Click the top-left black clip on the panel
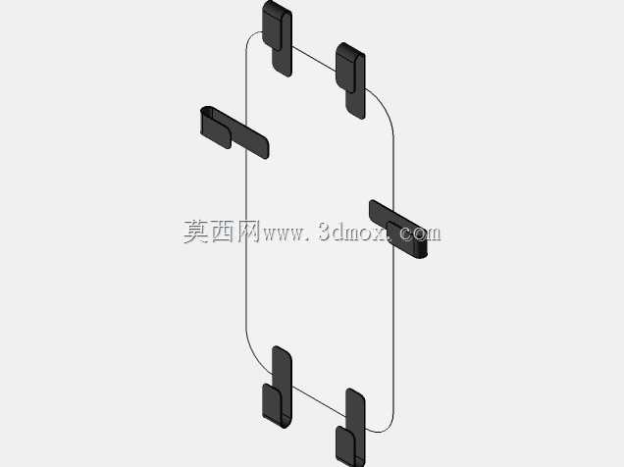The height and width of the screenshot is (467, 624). click(278, 38)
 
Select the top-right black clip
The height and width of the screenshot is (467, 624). click(350, 79)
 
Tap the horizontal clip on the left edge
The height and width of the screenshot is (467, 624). click(234, 132)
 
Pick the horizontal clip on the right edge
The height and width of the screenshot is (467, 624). click(398, 230)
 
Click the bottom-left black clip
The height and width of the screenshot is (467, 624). click(278, 388)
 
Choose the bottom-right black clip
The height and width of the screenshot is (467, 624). click(350, 428)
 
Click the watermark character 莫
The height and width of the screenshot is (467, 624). click(196, 232)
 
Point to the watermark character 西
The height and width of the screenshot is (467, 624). click(224, 232)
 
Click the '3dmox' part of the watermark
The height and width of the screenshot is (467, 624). click(352, 232)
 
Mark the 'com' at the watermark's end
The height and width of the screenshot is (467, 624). click(420, 234)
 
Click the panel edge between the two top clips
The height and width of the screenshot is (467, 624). click(314, 59)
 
